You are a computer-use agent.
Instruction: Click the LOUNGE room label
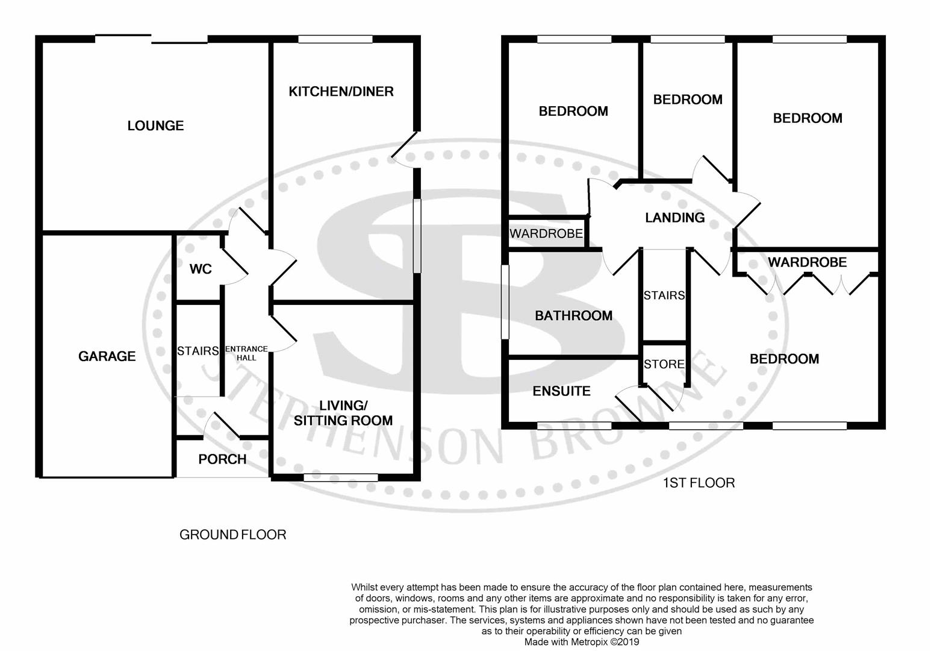tap(155, 125)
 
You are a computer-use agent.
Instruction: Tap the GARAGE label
tap(107, 356)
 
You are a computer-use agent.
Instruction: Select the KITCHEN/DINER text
tap(341, 92)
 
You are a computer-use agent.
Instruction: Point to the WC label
tap(201, 269)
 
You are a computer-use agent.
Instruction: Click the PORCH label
tap(222, 459)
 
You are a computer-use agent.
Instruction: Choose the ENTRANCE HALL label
tap(246, 353)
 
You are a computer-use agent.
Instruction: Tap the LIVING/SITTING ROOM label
tap(343, 413)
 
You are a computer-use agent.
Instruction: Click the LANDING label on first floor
tap(674, 218)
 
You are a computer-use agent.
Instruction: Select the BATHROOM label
tap(573, 315)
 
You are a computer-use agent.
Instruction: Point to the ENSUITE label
tap(561, 391)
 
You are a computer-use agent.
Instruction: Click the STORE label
tap(664, 364)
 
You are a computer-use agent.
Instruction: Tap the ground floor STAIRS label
tap(198, 351)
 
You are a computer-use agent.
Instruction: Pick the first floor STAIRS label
tap(664, 295)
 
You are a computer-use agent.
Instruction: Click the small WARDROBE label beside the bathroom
tap(546, 233)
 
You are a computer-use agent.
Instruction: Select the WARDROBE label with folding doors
tap(807, 262)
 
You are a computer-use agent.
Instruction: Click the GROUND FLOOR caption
tap(232, 535)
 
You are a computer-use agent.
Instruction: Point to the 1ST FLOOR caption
tap(699, 483)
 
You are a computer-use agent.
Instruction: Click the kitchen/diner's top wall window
tap(335, 39)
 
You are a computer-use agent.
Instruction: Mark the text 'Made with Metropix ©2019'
tap(581, 642)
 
